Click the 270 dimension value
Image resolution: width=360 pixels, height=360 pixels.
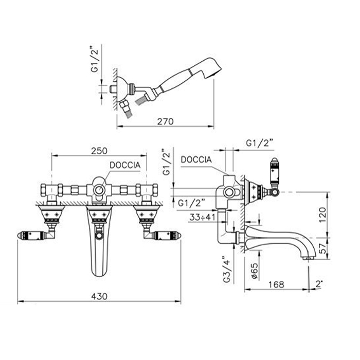coord(165,121)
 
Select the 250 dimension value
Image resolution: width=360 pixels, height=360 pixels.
coord(99,151)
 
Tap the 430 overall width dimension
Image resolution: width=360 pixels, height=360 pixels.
coord(99,296)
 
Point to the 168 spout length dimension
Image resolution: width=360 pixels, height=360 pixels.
coord(276,285)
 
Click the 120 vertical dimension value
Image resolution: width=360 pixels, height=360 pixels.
coord(322,214)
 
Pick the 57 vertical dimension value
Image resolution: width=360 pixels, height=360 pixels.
coord(323,248)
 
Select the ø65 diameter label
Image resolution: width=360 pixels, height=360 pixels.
coord(255,271)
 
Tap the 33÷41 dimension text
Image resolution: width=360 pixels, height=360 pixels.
coord(202,217)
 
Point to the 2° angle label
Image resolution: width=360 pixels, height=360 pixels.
coord(319,284)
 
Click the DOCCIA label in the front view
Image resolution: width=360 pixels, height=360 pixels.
coord(125,165)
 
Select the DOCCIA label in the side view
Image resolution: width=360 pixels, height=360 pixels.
coord(196,160)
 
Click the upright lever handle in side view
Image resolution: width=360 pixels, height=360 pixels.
coord(275,176)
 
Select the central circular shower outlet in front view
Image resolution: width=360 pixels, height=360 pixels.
coord(99,190)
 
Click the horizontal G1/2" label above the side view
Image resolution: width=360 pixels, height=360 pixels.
coord(259,143)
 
